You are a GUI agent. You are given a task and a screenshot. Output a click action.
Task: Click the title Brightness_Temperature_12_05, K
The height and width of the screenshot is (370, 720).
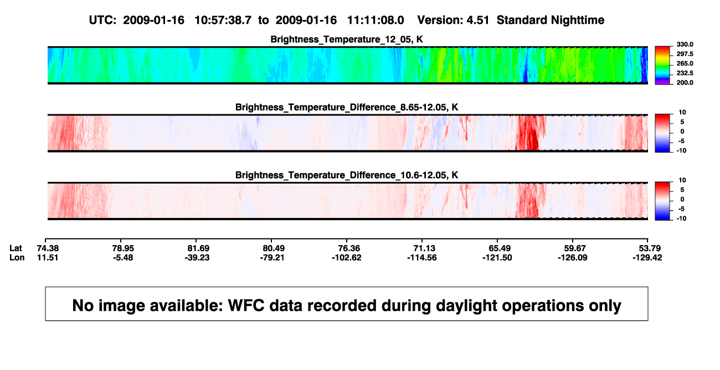[x=347, y=39]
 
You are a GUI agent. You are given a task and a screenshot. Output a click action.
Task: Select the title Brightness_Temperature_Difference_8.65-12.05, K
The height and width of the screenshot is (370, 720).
[x=347, y=107]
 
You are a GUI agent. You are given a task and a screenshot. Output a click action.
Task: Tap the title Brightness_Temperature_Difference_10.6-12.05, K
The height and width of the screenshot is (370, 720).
[x=347, y=175]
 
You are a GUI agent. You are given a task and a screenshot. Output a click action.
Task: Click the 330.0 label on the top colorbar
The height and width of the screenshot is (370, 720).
[x=685, y=44]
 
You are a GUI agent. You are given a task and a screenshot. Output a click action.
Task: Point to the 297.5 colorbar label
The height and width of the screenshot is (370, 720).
[x=685, y=54]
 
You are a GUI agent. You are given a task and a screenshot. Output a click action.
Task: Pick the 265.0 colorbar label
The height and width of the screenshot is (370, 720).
[x=685, y=63]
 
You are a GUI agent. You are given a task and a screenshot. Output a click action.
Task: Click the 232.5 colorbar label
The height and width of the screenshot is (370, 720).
[x=685, y=73]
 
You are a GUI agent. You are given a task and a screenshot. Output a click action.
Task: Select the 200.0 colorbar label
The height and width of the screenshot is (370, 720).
[x=685, y=83]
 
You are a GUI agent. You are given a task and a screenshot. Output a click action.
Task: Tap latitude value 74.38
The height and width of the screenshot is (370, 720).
[x=48, y=249]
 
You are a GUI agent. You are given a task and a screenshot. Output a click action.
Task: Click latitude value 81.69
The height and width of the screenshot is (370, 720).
[x=198, y=249]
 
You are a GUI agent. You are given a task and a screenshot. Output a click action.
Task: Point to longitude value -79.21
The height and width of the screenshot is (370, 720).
[x=272, y=257]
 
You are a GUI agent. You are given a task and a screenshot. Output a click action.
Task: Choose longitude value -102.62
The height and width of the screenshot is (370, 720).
[x=347, y=257]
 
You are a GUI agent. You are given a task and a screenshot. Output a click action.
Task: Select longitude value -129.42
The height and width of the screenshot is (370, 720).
[x=647, y=257]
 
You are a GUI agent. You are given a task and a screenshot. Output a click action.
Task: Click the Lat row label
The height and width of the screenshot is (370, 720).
[x=16, y=249]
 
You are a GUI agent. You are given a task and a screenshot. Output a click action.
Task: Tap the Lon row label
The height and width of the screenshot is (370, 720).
[x=17, y=257]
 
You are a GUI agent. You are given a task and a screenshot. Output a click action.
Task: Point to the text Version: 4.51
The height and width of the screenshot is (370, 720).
[x=453, y=20]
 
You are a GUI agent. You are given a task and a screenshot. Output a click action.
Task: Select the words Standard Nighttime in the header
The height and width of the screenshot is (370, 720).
[x=551, y=20]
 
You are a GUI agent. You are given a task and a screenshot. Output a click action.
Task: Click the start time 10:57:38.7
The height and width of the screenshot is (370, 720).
[x=223, y=20]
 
